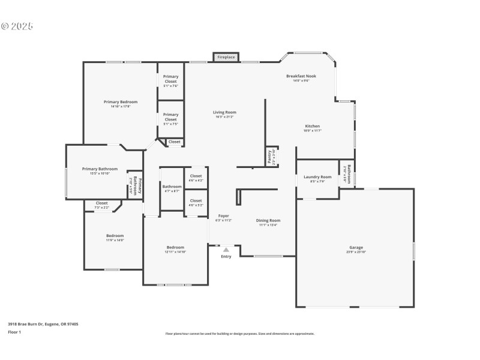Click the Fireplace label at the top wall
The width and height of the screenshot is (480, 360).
226,57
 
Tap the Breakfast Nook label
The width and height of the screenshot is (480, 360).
301,77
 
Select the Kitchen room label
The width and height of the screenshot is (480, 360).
312,127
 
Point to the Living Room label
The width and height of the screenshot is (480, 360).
225,113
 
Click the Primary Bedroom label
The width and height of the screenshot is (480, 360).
120,103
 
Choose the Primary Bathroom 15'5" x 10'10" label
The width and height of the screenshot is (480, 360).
100,170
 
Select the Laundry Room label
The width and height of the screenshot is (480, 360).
317,178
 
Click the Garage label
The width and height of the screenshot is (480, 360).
356,248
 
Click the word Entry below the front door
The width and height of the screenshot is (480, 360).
226,257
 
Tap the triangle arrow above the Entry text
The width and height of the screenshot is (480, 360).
226,248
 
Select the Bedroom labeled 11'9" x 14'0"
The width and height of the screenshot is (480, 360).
115,236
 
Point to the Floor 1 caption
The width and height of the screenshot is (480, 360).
14,332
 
